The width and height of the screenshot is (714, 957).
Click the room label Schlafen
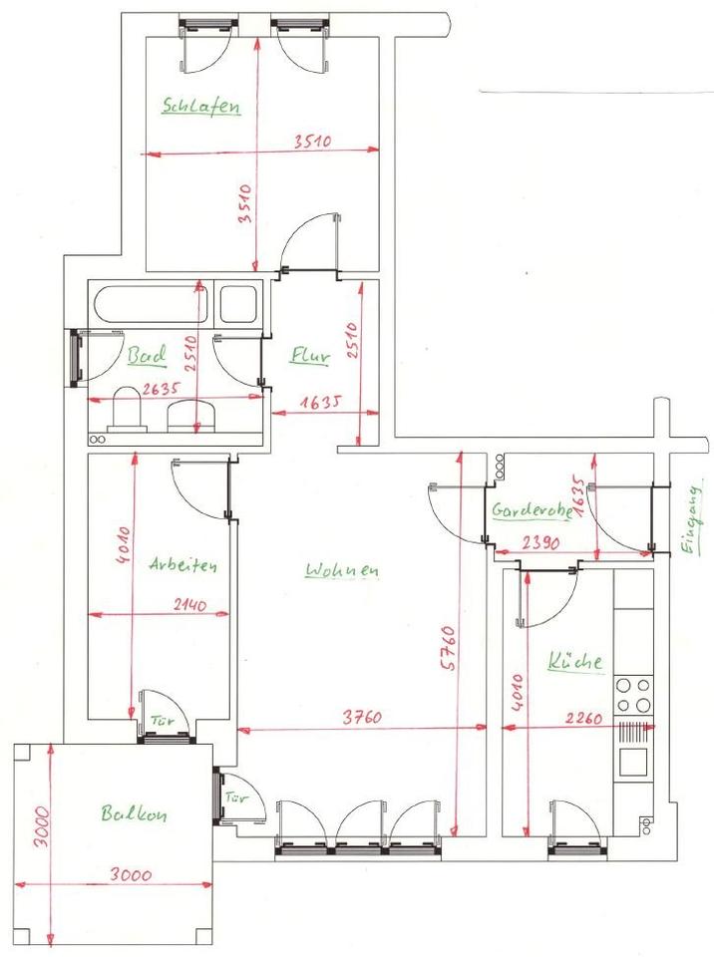201,106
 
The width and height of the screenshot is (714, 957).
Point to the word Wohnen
342,571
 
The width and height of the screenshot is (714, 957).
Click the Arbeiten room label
182,564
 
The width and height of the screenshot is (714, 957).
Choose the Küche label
574,661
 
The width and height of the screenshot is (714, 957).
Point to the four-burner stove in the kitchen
633,695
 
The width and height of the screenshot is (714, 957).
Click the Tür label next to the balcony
236,797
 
